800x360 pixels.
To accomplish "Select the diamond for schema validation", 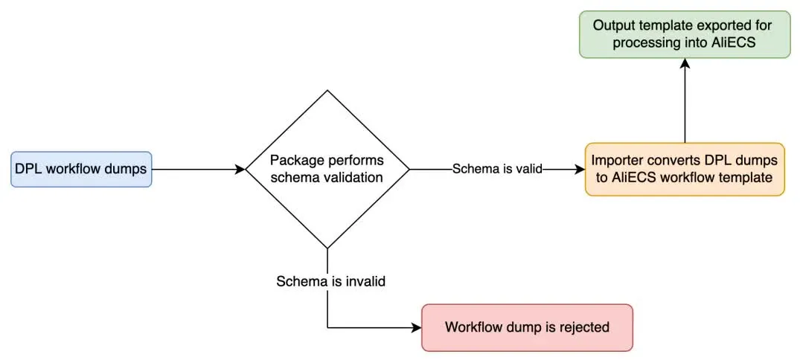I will coord(327,169).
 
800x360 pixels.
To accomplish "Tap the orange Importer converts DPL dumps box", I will coord(685,170).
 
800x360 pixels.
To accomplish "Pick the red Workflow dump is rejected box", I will coord(527,327).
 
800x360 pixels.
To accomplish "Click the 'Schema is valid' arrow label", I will coord(497,170).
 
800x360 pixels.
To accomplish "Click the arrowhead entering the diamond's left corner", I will coord(240,170).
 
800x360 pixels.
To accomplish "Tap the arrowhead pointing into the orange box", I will coord(580,170).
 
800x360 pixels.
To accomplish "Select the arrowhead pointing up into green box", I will coord(685,64).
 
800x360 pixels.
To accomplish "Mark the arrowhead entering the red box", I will coord(417,327).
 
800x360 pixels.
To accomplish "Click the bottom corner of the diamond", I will coord(327,248).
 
